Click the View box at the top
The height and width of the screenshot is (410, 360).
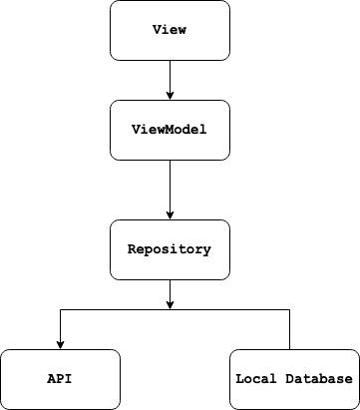pos(170,30)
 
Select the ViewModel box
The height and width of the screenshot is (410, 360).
pos(170,130)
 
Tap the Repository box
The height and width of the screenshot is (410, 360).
pos(170,249)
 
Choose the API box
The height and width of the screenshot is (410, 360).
pos(60,379)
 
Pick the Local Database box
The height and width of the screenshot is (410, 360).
pos(293,379)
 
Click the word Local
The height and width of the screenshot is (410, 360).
pos(255,379)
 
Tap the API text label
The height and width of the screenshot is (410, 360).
pos(60,379)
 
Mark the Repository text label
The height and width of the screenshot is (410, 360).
pos(170,249)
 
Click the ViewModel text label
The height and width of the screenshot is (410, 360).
pos(170,130)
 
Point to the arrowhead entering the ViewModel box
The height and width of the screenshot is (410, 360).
pos(170,95)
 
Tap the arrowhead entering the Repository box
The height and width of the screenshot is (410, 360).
pos(170,214)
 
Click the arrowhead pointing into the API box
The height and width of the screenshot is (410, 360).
pos(60,344)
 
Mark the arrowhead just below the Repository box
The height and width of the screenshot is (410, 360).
pos(170,304)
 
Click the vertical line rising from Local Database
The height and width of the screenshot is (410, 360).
pos(289,329)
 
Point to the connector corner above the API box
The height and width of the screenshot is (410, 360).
pos(60,310)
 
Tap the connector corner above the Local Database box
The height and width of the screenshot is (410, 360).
pos(289,310)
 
